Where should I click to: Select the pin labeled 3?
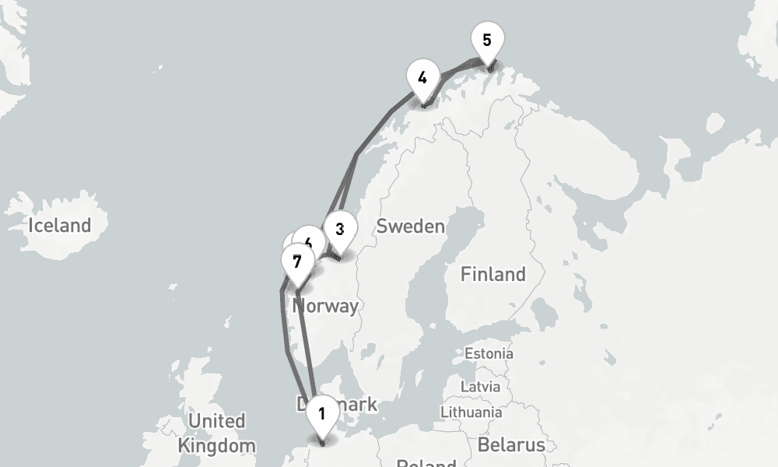pyautogui.click(x=340, y=229)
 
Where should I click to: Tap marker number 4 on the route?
pyautogui.click(x=422, y=78)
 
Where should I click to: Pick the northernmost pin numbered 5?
pyautogui.click(x=487, y=40)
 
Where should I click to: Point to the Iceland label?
pyautogui.click(x=59, y=226)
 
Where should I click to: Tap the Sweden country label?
pyautogui.click(x=410, y=226)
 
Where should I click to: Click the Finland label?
pyautogui.click(x=492, y=274)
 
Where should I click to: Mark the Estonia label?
pyautogui.click(x=489, y=353)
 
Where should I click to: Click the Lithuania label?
pyautogui.click(x=471, y=411)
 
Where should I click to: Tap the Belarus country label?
pyautogui.click(x=510, y=445)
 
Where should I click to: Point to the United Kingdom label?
pyautogui.click(x=216, y=434)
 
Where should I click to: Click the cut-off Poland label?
pyautogui.click(x=426, y=462)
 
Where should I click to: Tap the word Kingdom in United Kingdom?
pyautogui.click(x=216, y=446)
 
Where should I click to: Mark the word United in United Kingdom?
pyautogui.click(x=216, y=421)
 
